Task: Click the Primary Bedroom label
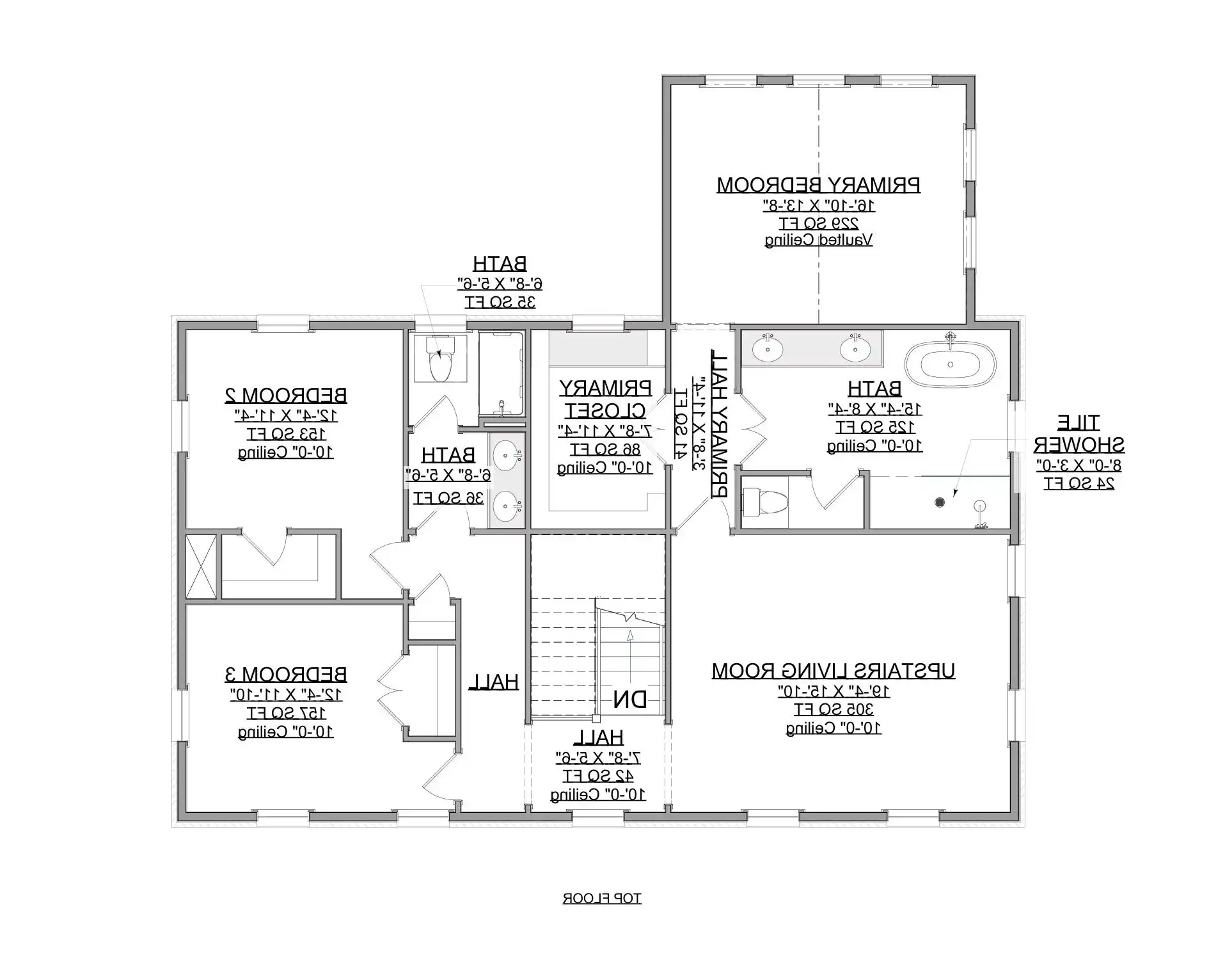pos(818,185)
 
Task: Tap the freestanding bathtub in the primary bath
pos(950,364)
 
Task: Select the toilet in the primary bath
pos(760,502)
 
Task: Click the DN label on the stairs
pos(629,700)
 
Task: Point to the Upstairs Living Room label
pos(834,671)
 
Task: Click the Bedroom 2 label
pos(285,395)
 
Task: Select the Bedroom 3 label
pos(285,674)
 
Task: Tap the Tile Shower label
pos(1079,433)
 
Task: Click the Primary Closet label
pos(606,398)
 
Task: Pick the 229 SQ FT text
pos(818,223)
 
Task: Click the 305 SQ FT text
pos(834,709)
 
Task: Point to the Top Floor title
pos(601,899)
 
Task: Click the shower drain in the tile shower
pos(939,502)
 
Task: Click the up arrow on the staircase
pos(630,635)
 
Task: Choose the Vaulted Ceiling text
pos(818,240)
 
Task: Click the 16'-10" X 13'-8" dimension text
pos(818,205)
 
